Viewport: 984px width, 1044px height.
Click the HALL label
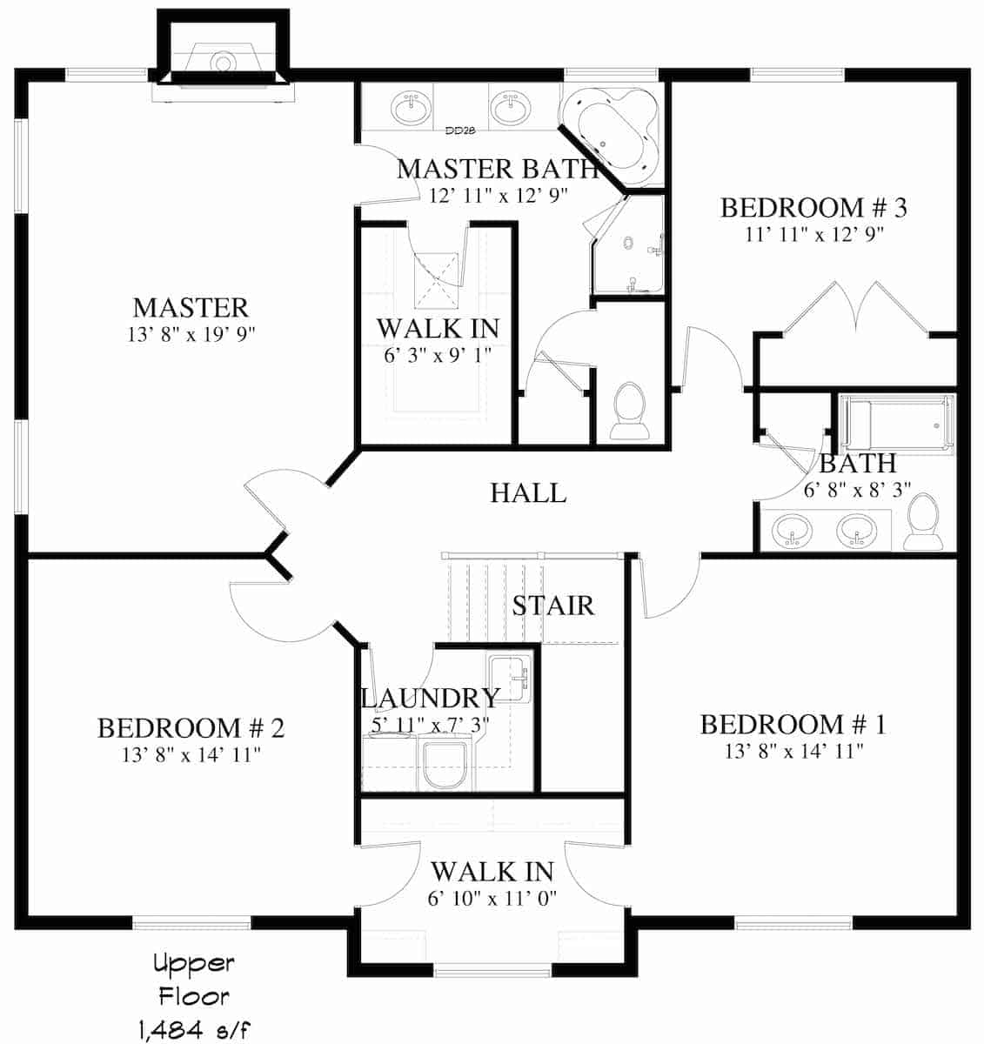(528, 493)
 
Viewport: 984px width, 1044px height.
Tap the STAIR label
(552, 606)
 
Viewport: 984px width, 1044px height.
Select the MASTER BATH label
(498, 169)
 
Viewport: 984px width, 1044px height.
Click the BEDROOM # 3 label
(813, 208)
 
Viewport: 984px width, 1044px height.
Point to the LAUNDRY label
(430, 698)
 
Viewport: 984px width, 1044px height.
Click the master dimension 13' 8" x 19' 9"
(191, 333)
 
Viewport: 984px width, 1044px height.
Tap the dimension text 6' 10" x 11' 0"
(492, 897)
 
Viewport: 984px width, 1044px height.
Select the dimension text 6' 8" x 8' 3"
(857, 490)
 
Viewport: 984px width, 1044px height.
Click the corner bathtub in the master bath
(609, 130)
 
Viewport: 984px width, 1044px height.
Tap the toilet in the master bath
(630, 411)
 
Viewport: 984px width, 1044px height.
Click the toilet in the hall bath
(923, 522)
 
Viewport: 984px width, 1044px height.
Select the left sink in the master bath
(411, 110)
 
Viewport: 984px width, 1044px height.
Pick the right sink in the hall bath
(857, 531)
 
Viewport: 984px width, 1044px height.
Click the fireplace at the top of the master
(223, 64)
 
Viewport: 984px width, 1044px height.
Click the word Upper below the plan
(193, 964)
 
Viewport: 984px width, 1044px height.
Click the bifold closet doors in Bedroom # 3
(857, 309)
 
